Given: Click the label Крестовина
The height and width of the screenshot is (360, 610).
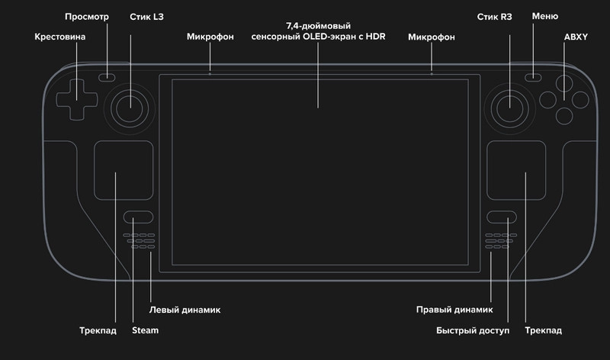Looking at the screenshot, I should point(60,36).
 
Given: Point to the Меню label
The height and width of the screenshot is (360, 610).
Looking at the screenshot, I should point(545,16).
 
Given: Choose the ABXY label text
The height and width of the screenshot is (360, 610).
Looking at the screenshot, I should point(576,36).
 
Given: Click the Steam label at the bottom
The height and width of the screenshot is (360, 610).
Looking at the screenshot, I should point(145,330).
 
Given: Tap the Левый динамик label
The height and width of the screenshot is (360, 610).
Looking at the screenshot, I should point(185,310).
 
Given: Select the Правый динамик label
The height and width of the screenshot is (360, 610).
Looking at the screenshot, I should point(454,310).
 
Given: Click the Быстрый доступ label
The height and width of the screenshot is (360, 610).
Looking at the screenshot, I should point(472,330).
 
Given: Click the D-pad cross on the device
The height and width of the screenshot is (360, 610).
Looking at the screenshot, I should point(75,97).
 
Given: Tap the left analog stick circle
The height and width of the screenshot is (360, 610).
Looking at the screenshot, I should point(133,107).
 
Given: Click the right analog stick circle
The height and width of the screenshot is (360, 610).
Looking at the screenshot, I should point(508,107).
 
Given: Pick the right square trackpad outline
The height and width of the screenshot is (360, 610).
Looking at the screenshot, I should point(517,170).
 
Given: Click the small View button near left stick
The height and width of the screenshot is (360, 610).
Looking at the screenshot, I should point(108,77).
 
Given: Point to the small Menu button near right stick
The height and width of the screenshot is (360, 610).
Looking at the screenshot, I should point(533,77).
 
